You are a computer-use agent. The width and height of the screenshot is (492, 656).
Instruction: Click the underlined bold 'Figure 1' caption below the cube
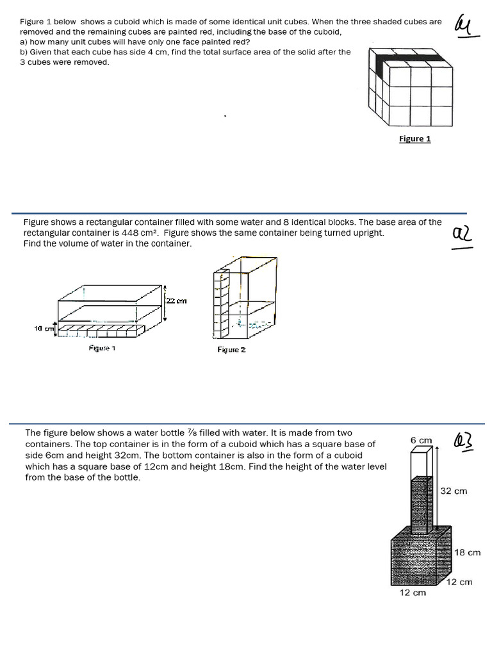click(415, 138)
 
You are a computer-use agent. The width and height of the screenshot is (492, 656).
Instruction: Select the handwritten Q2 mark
click(462, 235)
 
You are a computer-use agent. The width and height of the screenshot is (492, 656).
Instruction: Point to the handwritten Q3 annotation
click(463, 440)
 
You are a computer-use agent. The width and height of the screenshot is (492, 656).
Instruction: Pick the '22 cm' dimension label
click(177, 301)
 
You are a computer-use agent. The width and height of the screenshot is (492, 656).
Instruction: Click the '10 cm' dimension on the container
click(44, 328)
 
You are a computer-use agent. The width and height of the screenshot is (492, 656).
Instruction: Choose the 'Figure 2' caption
click(231, 350)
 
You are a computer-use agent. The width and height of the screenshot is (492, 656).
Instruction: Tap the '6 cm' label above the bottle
click(421, 440)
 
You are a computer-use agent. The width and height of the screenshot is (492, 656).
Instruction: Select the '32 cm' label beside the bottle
click(454, 491)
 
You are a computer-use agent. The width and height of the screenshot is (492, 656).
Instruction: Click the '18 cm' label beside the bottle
click(467, 552)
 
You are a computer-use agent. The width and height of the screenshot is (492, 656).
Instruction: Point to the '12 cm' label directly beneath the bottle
click(413, 593)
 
